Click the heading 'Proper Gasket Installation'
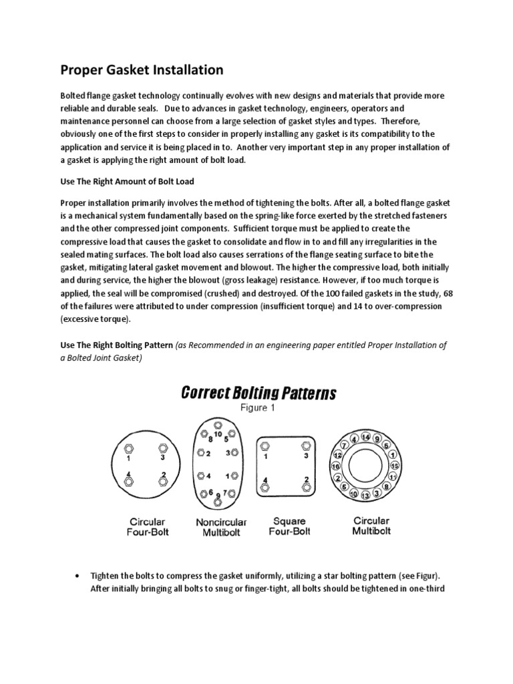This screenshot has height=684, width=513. coord(142,69)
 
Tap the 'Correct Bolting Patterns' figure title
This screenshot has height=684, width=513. coord(259,393)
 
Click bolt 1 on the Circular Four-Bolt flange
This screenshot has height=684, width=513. coord(129,448)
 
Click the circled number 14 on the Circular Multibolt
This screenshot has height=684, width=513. coord(365,436)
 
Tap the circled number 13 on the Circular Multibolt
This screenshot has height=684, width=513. coord(365,496)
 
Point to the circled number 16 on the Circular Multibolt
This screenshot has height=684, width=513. coord(335,466)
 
